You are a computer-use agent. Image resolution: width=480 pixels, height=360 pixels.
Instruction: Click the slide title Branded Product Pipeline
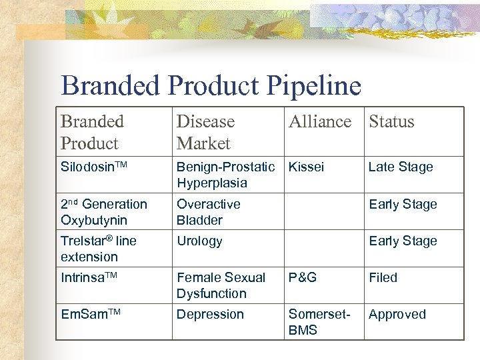point(211,86)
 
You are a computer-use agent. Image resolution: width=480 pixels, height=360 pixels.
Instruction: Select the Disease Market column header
point(205,132)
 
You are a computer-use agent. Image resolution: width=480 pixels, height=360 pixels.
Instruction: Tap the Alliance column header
point(320,121)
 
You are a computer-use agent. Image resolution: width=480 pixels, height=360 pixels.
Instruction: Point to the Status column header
point(391,121)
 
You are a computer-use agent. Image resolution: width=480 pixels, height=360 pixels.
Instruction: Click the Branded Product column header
point(92,132)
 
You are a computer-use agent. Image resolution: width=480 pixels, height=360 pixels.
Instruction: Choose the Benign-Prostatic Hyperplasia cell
point(225,175)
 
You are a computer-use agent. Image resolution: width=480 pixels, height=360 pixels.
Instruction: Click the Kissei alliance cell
point(306,167)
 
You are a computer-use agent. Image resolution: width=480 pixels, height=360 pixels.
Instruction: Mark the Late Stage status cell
point(401,167)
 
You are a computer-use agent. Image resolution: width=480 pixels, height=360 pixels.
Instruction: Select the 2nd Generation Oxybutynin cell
point(104,212)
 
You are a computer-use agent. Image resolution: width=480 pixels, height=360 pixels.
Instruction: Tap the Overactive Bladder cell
point(208,212)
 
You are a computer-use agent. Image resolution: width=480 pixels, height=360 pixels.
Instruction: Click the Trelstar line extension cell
point(99,249)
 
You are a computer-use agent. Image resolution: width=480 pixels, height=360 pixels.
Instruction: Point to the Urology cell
point(199,241)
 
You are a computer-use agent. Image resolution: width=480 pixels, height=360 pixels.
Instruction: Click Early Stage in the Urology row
point(403,241)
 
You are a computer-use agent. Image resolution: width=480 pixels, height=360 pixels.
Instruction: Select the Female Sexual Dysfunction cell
point(221,285)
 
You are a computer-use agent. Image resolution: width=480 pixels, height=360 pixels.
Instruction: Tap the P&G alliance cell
point(303,277)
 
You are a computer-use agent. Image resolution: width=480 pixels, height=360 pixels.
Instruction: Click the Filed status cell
point(383,277)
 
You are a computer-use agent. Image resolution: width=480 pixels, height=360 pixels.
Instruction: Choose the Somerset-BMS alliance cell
point(319,322)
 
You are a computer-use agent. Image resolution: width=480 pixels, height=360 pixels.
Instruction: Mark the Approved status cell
point(397,314)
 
